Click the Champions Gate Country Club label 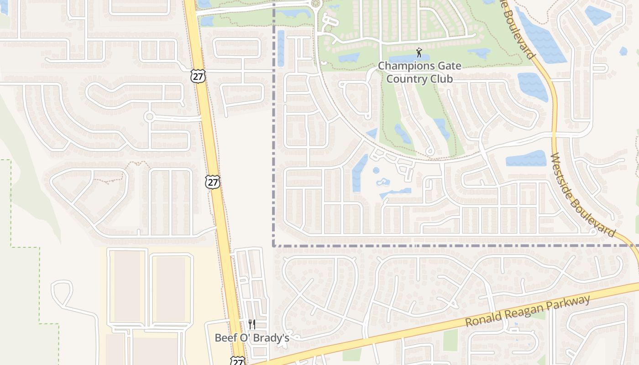coord(419,73)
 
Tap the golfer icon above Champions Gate coord(419,52)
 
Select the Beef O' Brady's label coord(252,338)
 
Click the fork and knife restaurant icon coord(251,324)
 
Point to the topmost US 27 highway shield coord(198,76)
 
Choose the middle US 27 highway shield coord(213,182)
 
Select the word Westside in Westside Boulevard coord(566,178)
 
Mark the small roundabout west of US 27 coord(149,117)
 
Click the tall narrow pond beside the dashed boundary coord(281,48)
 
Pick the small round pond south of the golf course coord(376,171)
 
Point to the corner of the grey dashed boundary coord(274,245)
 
